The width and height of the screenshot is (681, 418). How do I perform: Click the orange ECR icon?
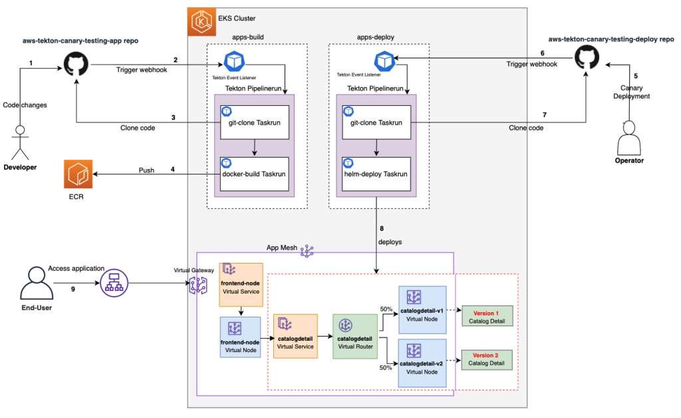click(x=79, y=174)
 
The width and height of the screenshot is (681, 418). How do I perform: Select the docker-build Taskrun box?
click(x=255, y=174)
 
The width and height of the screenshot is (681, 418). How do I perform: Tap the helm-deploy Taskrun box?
click(x=377, y=174)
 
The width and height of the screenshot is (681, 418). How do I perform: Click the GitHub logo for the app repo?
click(x=77, y=65)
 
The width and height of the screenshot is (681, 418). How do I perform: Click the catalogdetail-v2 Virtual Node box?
click(x=421, y=362)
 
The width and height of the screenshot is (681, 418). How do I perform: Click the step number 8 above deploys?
click(x=382, y=230)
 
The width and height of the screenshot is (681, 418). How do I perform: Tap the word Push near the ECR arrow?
click(x=146, y=170)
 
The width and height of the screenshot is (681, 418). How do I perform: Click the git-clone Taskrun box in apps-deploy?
click(x=377, y=122)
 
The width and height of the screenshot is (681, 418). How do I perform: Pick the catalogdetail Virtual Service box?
click(x=295, y=337)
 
